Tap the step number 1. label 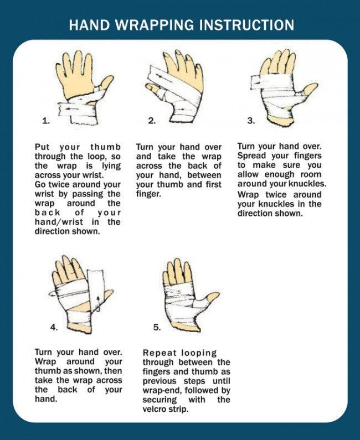(x=46, y=121)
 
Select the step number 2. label (x=152, y=121)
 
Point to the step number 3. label (x=251, y=121)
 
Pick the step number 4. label (x=54, y=327)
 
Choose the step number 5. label (x=157, y=327)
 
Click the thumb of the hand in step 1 (x=105, y=84)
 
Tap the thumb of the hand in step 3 (x=310, y=89)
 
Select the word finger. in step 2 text (x=148, y=194)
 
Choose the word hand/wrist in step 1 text (x=59, y=222)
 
